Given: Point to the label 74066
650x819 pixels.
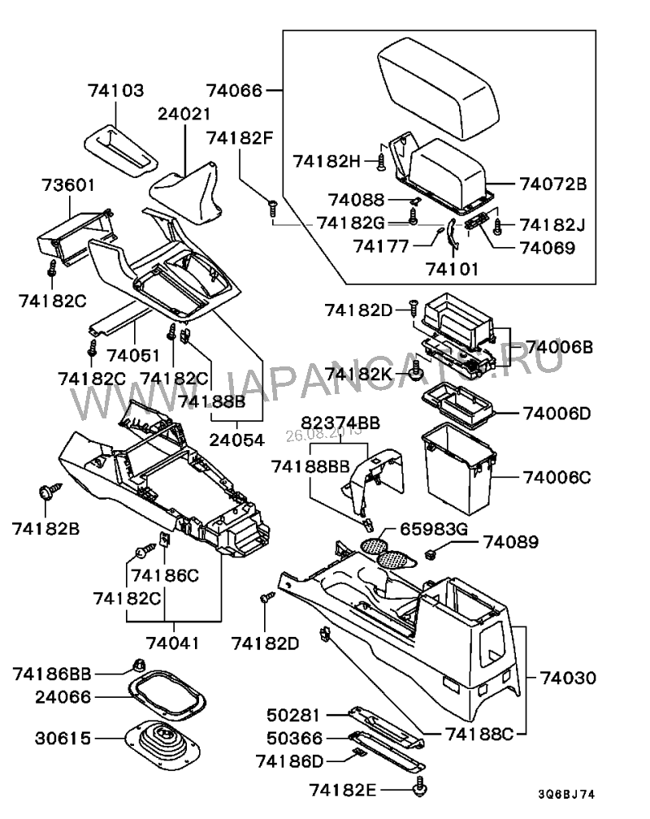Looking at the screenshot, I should tap(235, 89).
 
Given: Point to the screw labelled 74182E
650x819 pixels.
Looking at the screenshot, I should tap(422, 786).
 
